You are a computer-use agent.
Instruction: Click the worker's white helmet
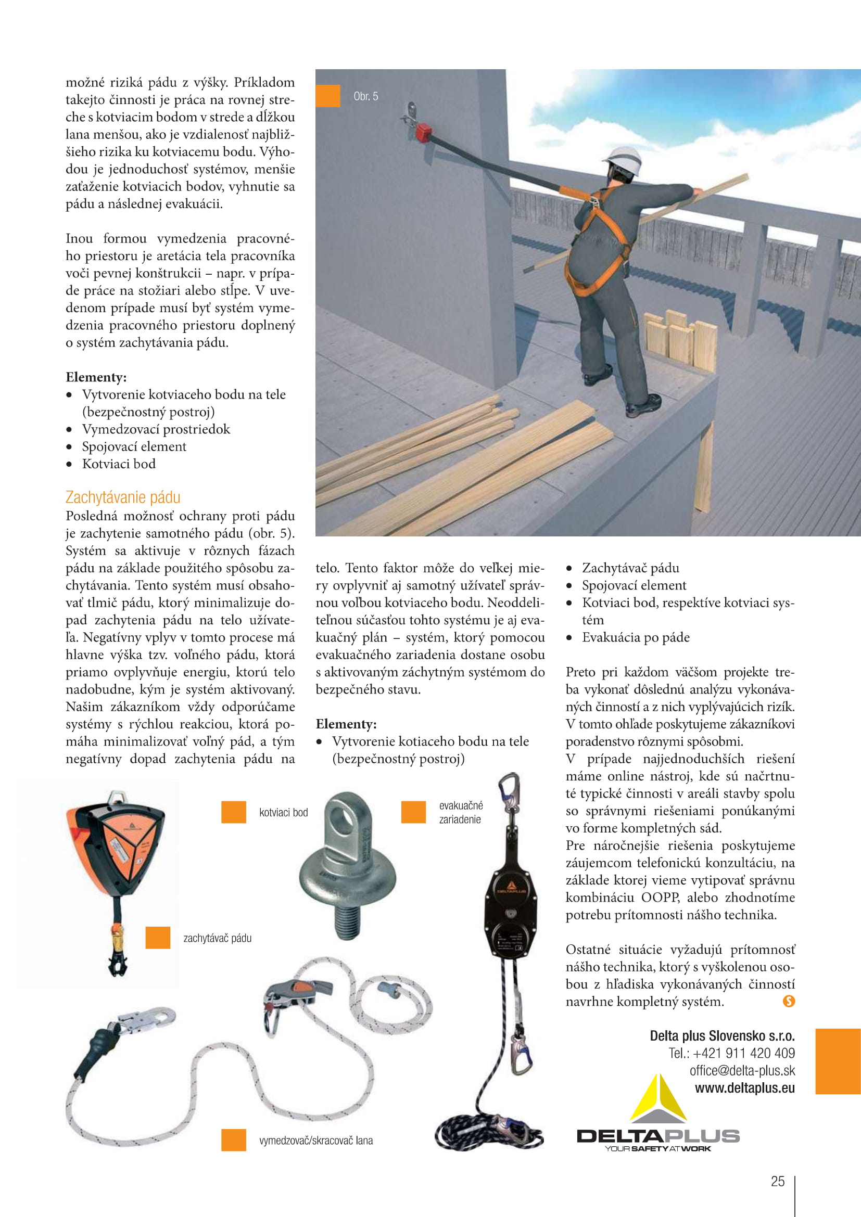pos(624,159)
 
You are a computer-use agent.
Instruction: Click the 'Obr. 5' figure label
pos(366,96)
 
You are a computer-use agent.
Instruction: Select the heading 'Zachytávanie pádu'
pos(123,497)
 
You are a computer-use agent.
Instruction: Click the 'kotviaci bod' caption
pos(283,813)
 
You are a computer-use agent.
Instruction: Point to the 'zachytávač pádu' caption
pos(218,938)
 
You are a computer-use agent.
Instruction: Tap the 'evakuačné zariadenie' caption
pos(461,813)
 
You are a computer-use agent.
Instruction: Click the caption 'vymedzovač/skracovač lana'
pos(316,1141)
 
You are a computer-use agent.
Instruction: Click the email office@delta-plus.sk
pos(742,1071)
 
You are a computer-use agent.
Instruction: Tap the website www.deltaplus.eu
pos(744,1088)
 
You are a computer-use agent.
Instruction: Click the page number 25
pos(777,1182)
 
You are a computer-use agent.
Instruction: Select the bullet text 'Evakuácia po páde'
pos(636,638)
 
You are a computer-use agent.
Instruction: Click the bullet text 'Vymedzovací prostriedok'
pos(156,429)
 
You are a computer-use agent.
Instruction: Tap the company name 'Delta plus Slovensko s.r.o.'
pos(722,1036)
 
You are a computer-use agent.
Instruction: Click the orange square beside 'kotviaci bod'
pos(233,812)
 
